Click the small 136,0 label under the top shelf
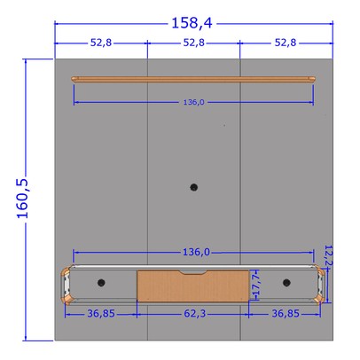193,103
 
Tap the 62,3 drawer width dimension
193,313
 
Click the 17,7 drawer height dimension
257,286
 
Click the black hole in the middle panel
194,187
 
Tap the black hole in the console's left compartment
101,282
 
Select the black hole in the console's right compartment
286,282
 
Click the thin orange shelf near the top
193,80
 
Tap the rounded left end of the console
67,284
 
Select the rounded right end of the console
319,284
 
